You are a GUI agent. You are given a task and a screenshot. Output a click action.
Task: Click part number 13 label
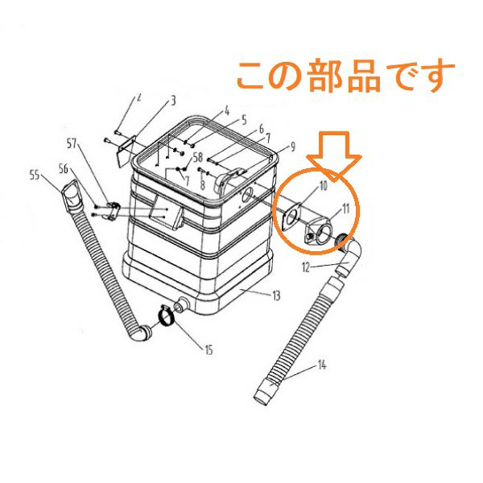276,295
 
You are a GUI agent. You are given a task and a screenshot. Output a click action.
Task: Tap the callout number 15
208,350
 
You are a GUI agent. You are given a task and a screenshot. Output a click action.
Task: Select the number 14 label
321,365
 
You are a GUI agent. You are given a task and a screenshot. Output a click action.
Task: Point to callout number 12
306,267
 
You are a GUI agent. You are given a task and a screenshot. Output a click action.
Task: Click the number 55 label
35,175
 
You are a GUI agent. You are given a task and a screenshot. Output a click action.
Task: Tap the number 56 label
64,169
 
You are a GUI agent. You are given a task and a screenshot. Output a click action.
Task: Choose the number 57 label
72,143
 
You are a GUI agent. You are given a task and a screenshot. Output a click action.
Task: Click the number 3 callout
173,101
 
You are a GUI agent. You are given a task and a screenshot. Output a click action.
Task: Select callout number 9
292,147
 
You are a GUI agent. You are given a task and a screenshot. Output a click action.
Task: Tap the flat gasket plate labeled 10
291,217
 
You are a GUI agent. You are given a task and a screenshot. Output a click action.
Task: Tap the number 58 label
198,157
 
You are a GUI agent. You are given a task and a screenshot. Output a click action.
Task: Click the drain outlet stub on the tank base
181,303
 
